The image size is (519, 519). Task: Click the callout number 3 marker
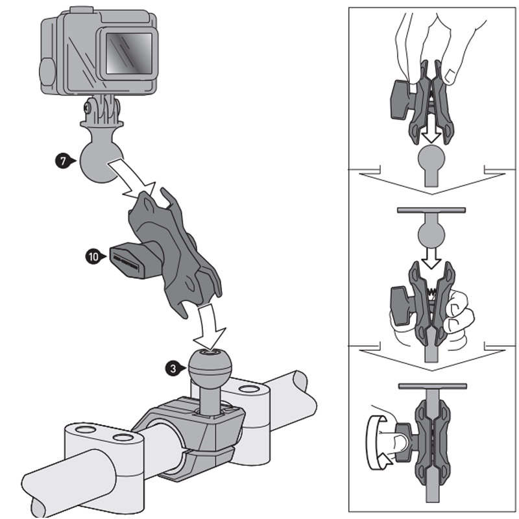[x=171, y=368]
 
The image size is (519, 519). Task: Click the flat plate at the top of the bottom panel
[x=429, y=385]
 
